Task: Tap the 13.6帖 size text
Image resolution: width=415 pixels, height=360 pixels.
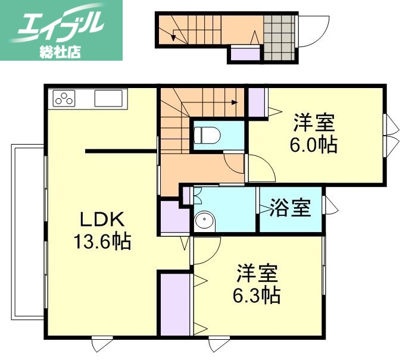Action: [x=102, y=242]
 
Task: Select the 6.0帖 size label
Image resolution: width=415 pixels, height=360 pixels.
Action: [x=314, y=144]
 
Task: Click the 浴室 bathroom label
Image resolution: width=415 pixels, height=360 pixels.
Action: [x=289, y=209]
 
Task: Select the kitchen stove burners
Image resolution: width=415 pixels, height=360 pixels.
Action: [x=64, y=98]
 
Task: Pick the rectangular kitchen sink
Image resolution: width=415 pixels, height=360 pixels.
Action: [x=108, y=99]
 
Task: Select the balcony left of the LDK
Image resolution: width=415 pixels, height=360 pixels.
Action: [x=27, y=231]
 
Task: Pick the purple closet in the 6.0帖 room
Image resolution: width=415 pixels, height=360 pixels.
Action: [x=257, y=102]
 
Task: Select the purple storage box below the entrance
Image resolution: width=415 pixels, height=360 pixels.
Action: [x=245, y=55]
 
